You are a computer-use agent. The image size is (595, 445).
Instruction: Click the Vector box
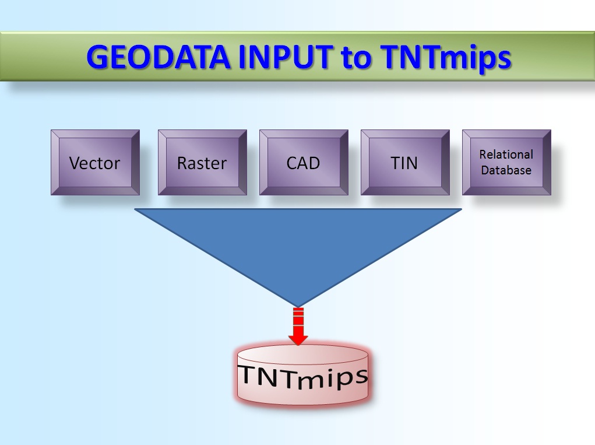click(95, 163)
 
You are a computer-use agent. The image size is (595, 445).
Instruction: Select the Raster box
click(202, 163)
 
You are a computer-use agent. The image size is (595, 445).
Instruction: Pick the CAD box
click(304, 163)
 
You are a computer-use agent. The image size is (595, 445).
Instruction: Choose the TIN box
click(405, 163)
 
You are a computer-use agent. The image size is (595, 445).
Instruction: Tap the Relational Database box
click(506, 162)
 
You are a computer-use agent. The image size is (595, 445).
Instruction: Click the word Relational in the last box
click(506, 155)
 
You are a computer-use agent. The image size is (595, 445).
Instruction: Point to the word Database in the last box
click(506, 170)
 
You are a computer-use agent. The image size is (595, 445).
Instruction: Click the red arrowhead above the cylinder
click(298, 338)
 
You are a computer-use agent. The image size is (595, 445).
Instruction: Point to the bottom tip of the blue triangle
click(298, 304)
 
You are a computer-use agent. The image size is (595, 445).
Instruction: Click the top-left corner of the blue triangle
click(136, 209)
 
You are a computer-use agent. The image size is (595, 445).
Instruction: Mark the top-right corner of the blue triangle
click(460, 209)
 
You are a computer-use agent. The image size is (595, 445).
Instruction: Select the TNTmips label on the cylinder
click(303, 377)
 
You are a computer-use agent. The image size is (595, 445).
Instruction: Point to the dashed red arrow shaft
click(298, 319)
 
